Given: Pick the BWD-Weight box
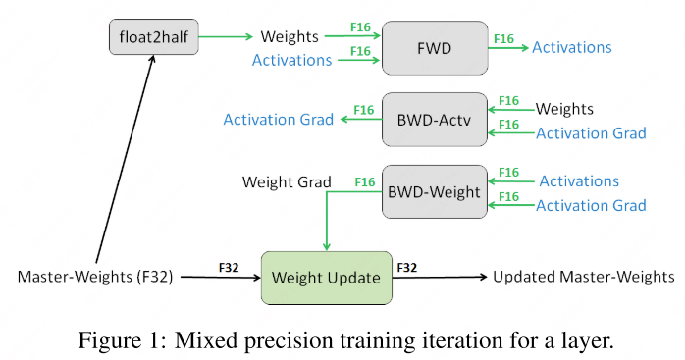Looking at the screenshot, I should click(x=433, y=191).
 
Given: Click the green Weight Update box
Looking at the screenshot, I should click(x=326, y=277).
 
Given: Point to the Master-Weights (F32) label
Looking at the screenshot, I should click(x=95, y=277).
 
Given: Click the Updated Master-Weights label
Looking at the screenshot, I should click(x=583, y=277).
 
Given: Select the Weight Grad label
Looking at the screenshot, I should click(x=287, y=181).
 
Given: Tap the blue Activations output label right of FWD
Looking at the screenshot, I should click(x=571, y=47).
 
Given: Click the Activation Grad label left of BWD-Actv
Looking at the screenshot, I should click(x=278, y=119).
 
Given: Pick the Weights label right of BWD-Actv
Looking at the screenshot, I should click(x=564, y=108).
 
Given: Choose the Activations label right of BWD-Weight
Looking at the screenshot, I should click(x=579, y=180).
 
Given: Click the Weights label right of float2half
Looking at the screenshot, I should click(x=290, y=37).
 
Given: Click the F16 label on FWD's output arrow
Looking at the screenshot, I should click(x=503, y=38).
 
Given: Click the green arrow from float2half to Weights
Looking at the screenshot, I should click(x=224, y=38).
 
